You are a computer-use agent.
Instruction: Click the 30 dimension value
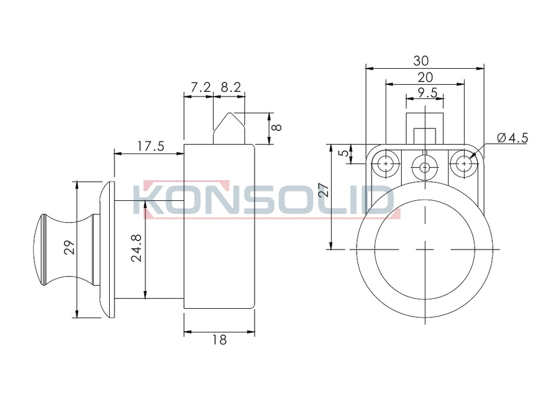pyautogui.click(x=421, y=61)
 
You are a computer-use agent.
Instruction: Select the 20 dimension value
pyautogui.click(x=425, y=78)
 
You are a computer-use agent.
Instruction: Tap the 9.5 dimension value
pyautogui.click(x=427, y=92)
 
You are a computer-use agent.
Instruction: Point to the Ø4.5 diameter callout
pyautogui.click(x=512, y=137)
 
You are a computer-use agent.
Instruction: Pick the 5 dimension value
pyautogui.click(x=345, y=153)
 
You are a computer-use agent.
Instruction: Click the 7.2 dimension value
pyautogui.click(x=201, y=88)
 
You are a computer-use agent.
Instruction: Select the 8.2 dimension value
pyautogui.click(x=231, y=88)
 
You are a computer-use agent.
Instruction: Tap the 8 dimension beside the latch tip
pyautogui.click(x=277, y=127)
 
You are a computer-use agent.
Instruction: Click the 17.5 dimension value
pyautogui.click(x=151, y=146)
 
